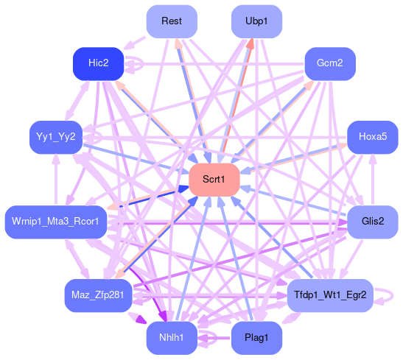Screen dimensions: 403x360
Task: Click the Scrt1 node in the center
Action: (214, 180)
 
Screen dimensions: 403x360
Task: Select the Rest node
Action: (172, 21)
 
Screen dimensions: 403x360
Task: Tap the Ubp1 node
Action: (256, 21)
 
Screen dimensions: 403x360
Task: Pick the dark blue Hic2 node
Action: (99, 63)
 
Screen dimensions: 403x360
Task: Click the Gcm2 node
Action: (330, 63)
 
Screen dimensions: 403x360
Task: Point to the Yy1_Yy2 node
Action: (56, 138)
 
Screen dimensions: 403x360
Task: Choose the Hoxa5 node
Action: (373, 138)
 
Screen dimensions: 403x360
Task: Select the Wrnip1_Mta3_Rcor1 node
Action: (56, 222)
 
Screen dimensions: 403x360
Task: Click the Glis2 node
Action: (373, 222)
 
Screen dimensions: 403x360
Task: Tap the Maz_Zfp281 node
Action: (98, 295)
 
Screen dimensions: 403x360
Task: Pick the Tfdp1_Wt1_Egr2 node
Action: (330, 295)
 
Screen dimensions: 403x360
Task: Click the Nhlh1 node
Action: (172, 338)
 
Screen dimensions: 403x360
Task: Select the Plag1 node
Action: (256, 338)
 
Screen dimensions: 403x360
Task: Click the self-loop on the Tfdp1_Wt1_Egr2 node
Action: (392, 296)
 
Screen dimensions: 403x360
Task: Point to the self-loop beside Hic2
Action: (142, 63)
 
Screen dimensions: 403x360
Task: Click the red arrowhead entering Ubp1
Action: (250, 43)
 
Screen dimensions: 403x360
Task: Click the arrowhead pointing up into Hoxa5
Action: (373, 159)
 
